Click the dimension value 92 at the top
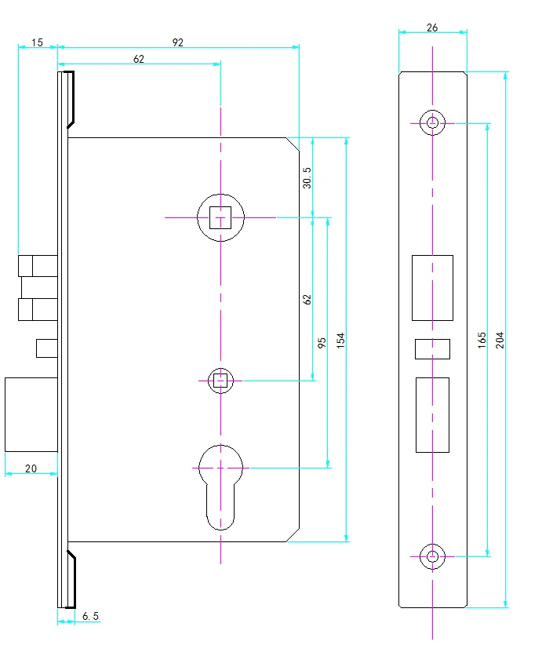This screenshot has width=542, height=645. click(178, 42)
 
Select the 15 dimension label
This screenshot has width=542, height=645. click(38, 42)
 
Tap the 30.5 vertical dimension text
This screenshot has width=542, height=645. click(307, 177)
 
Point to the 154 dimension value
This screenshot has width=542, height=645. click(340, 339)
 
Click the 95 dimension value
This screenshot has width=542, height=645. click(322, 343)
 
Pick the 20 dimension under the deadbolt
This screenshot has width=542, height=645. click(31, 468)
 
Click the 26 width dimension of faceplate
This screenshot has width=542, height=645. click(432, 27)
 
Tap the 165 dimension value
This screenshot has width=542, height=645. click(482, 339)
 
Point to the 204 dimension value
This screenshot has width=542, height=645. click(500, 339)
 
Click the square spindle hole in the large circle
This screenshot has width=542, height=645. click(221, 217)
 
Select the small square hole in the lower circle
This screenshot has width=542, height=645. click(221, 381)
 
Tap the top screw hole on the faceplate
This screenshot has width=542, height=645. click(432, 122)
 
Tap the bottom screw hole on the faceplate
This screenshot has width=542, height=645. click(432, 556)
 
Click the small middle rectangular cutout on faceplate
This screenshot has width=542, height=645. click(432, 348)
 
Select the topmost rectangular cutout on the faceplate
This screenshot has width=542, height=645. click(432, 287)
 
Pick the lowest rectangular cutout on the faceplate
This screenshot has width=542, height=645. click(432, 414)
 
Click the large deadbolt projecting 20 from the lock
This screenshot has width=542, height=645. click(31, 414)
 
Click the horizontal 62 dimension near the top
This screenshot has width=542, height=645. click(139, 59)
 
